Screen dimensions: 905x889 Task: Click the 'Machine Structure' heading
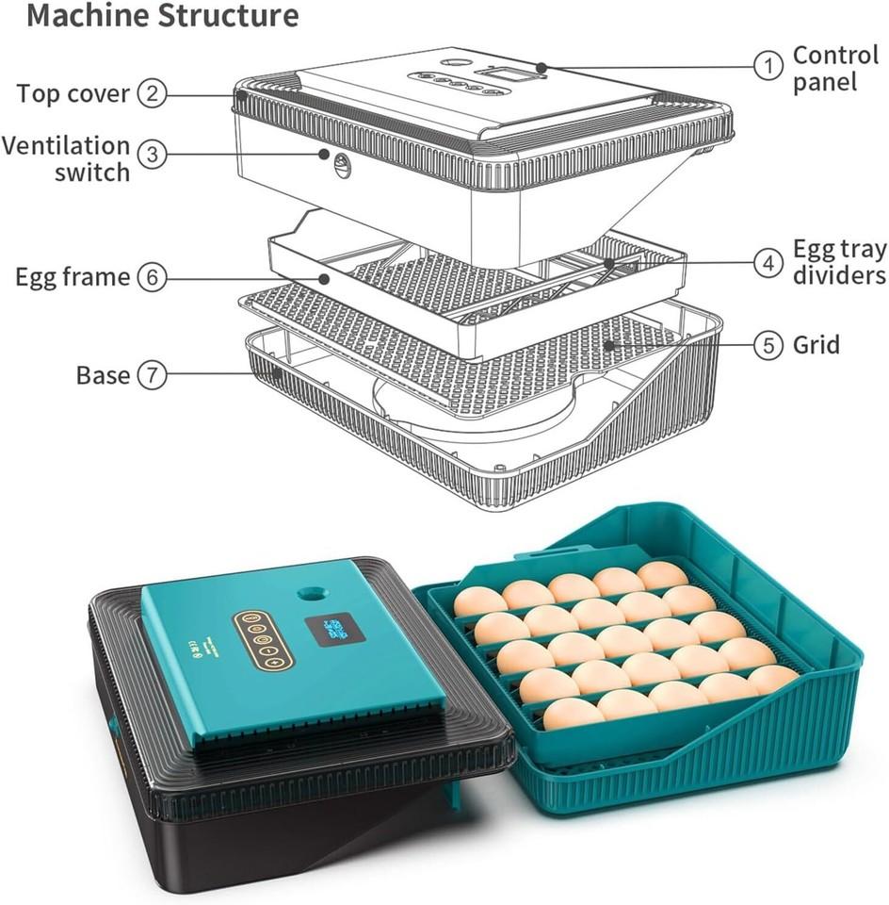click(162, 16)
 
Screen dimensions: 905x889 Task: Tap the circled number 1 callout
click(768, 65)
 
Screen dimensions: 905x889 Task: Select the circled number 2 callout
click(152, 93)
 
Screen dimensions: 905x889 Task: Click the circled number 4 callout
click(768, 263)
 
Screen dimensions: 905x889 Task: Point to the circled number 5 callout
click(768, 345)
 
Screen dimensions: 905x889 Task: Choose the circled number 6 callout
click(152, 277)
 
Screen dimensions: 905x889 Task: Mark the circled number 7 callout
click(152, 374)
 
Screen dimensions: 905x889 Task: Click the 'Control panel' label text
click(836, 68)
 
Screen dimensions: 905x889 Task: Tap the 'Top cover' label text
click(73, 94)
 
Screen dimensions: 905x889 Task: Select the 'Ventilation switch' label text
click(66, 158)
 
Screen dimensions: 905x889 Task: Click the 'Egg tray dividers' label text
click(838, 262)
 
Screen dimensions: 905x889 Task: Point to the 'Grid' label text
click(816, 345)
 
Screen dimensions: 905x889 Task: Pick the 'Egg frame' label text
click(73, 277)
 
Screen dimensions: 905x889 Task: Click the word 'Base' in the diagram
click(103, 374)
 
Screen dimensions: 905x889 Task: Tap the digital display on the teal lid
click(334, 630)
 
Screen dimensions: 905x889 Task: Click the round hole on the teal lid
click(309, 595)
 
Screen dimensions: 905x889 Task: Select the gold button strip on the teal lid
click(264, 640)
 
